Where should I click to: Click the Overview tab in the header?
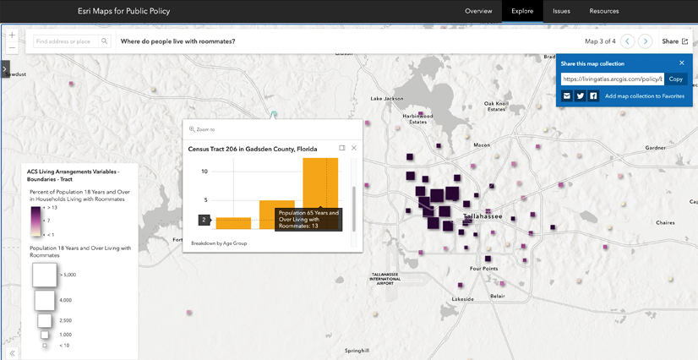tap(478, 11)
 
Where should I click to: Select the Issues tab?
tap(561, 11)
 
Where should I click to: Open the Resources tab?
tap(604, 11)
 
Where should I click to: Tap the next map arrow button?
tap(646, 41)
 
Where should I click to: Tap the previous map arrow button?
tap(627, 41)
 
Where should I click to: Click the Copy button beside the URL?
tap(675, 79)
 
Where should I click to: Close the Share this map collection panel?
tap(682, 63)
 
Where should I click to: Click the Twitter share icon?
tap(581, 96)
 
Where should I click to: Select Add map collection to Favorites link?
tap(644, 96)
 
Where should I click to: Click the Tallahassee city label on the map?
tap(483, 216)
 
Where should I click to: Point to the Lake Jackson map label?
tap(387, 99)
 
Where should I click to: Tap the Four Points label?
tap(483, 269)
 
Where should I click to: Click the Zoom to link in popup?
tap(203, 129)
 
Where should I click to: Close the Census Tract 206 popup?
tap(354, 148)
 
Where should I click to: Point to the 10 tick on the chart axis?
tap(204, 172)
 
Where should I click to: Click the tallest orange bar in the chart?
tap(320, 182)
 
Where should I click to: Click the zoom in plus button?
tap(12, 35)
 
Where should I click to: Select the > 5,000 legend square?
tap(45, 275)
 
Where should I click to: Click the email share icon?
tap(567, 96)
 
